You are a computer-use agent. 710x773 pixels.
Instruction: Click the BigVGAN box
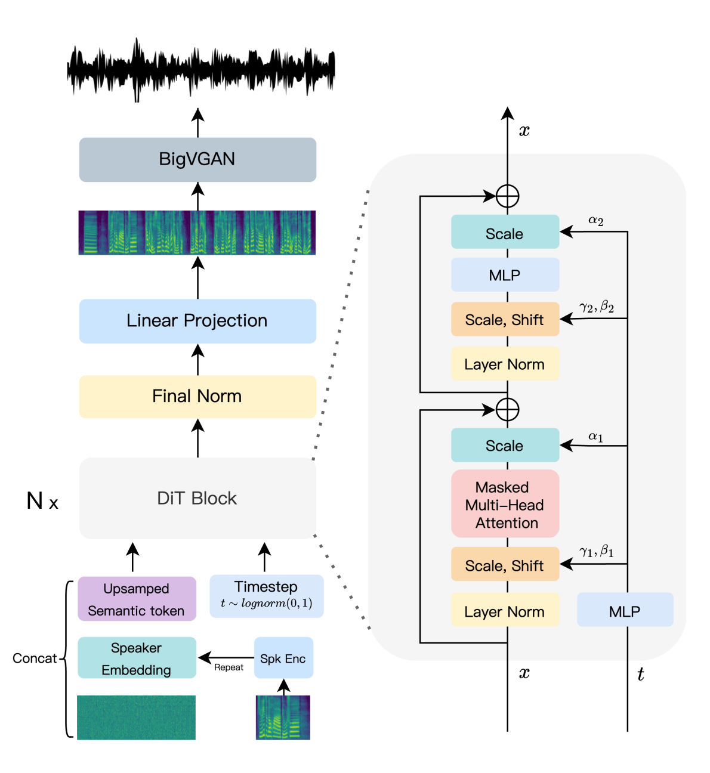(197, 159)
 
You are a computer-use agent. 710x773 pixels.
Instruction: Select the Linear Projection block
(197, 321)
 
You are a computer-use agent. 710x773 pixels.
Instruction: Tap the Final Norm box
(197, 397)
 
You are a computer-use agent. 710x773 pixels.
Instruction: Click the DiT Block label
(197, 499)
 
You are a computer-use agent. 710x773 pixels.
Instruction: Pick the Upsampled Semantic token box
(137, 599)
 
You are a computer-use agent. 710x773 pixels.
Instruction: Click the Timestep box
(266, 595)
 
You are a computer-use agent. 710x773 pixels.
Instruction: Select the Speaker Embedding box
(137, 658)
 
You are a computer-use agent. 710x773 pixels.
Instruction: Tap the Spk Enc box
(283, 658)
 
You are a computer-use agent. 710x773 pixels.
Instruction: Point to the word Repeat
(229, 667)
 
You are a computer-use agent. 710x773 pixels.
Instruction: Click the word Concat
(35, 658)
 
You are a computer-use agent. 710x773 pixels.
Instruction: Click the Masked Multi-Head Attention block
(505, 505)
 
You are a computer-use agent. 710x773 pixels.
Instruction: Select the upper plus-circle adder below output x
(507, 196)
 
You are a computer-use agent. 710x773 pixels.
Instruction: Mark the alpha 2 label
(595, 221)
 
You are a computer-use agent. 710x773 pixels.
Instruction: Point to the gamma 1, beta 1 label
(596, 552)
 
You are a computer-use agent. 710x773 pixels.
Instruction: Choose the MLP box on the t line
(625, 611)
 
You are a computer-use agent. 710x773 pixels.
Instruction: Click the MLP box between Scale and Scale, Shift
(505, 275)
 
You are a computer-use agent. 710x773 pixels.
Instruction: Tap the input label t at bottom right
(640, 675)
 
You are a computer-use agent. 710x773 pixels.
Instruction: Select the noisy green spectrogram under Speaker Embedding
(136, 718)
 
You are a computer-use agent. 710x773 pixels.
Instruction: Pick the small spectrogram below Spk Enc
(283, 718)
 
